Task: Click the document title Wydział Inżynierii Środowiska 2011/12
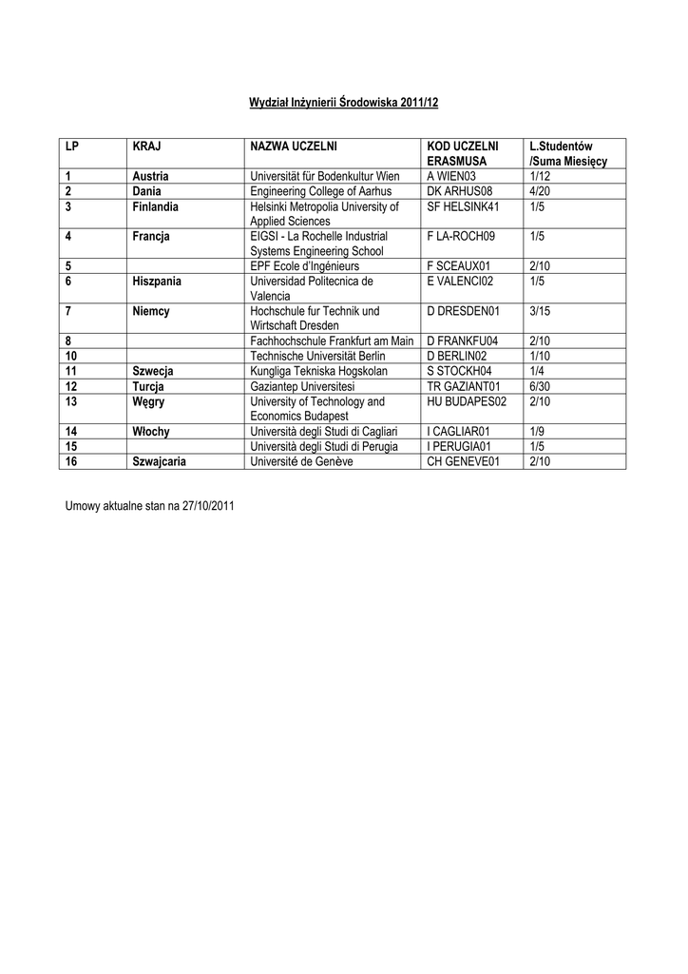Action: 344,101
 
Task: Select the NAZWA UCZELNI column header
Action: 293,146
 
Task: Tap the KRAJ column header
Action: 146,146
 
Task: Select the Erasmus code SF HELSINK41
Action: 463,206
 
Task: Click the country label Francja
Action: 151,236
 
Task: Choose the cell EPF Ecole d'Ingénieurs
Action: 304,266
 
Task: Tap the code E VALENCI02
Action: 461,282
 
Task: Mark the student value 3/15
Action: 540,311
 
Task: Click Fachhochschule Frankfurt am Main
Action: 332,341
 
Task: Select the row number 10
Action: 71,356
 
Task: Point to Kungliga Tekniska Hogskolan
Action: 319,371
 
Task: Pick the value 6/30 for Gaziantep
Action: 540,386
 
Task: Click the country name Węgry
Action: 149,401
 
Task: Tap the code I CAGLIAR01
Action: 460,431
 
